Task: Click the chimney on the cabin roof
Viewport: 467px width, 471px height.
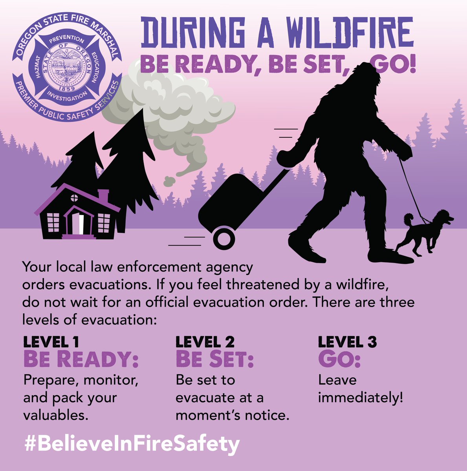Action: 103,195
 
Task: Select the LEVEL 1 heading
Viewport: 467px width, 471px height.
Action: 51,342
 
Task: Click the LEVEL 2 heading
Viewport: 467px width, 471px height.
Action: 205,342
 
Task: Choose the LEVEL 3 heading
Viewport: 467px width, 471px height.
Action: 347,342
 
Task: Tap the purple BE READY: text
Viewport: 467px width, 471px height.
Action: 81,359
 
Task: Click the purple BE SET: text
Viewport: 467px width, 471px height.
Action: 214,359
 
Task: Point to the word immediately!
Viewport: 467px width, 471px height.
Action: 361,398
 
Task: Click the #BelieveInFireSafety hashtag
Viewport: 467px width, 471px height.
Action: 132,444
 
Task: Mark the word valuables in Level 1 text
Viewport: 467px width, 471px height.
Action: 55,415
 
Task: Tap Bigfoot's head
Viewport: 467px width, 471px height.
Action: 365,80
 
